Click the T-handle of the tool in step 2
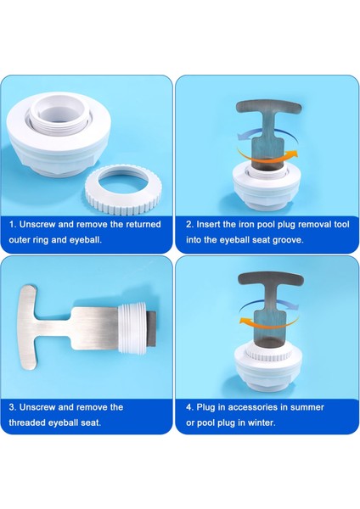(268, 107)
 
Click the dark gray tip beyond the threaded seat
(152, 328)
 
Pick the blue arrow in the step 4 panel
(270, 305)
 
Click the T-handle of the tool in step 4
(271, 279)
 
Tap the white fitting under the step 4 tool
(268, 366)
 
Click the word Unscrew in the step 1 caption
(37, 224)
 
